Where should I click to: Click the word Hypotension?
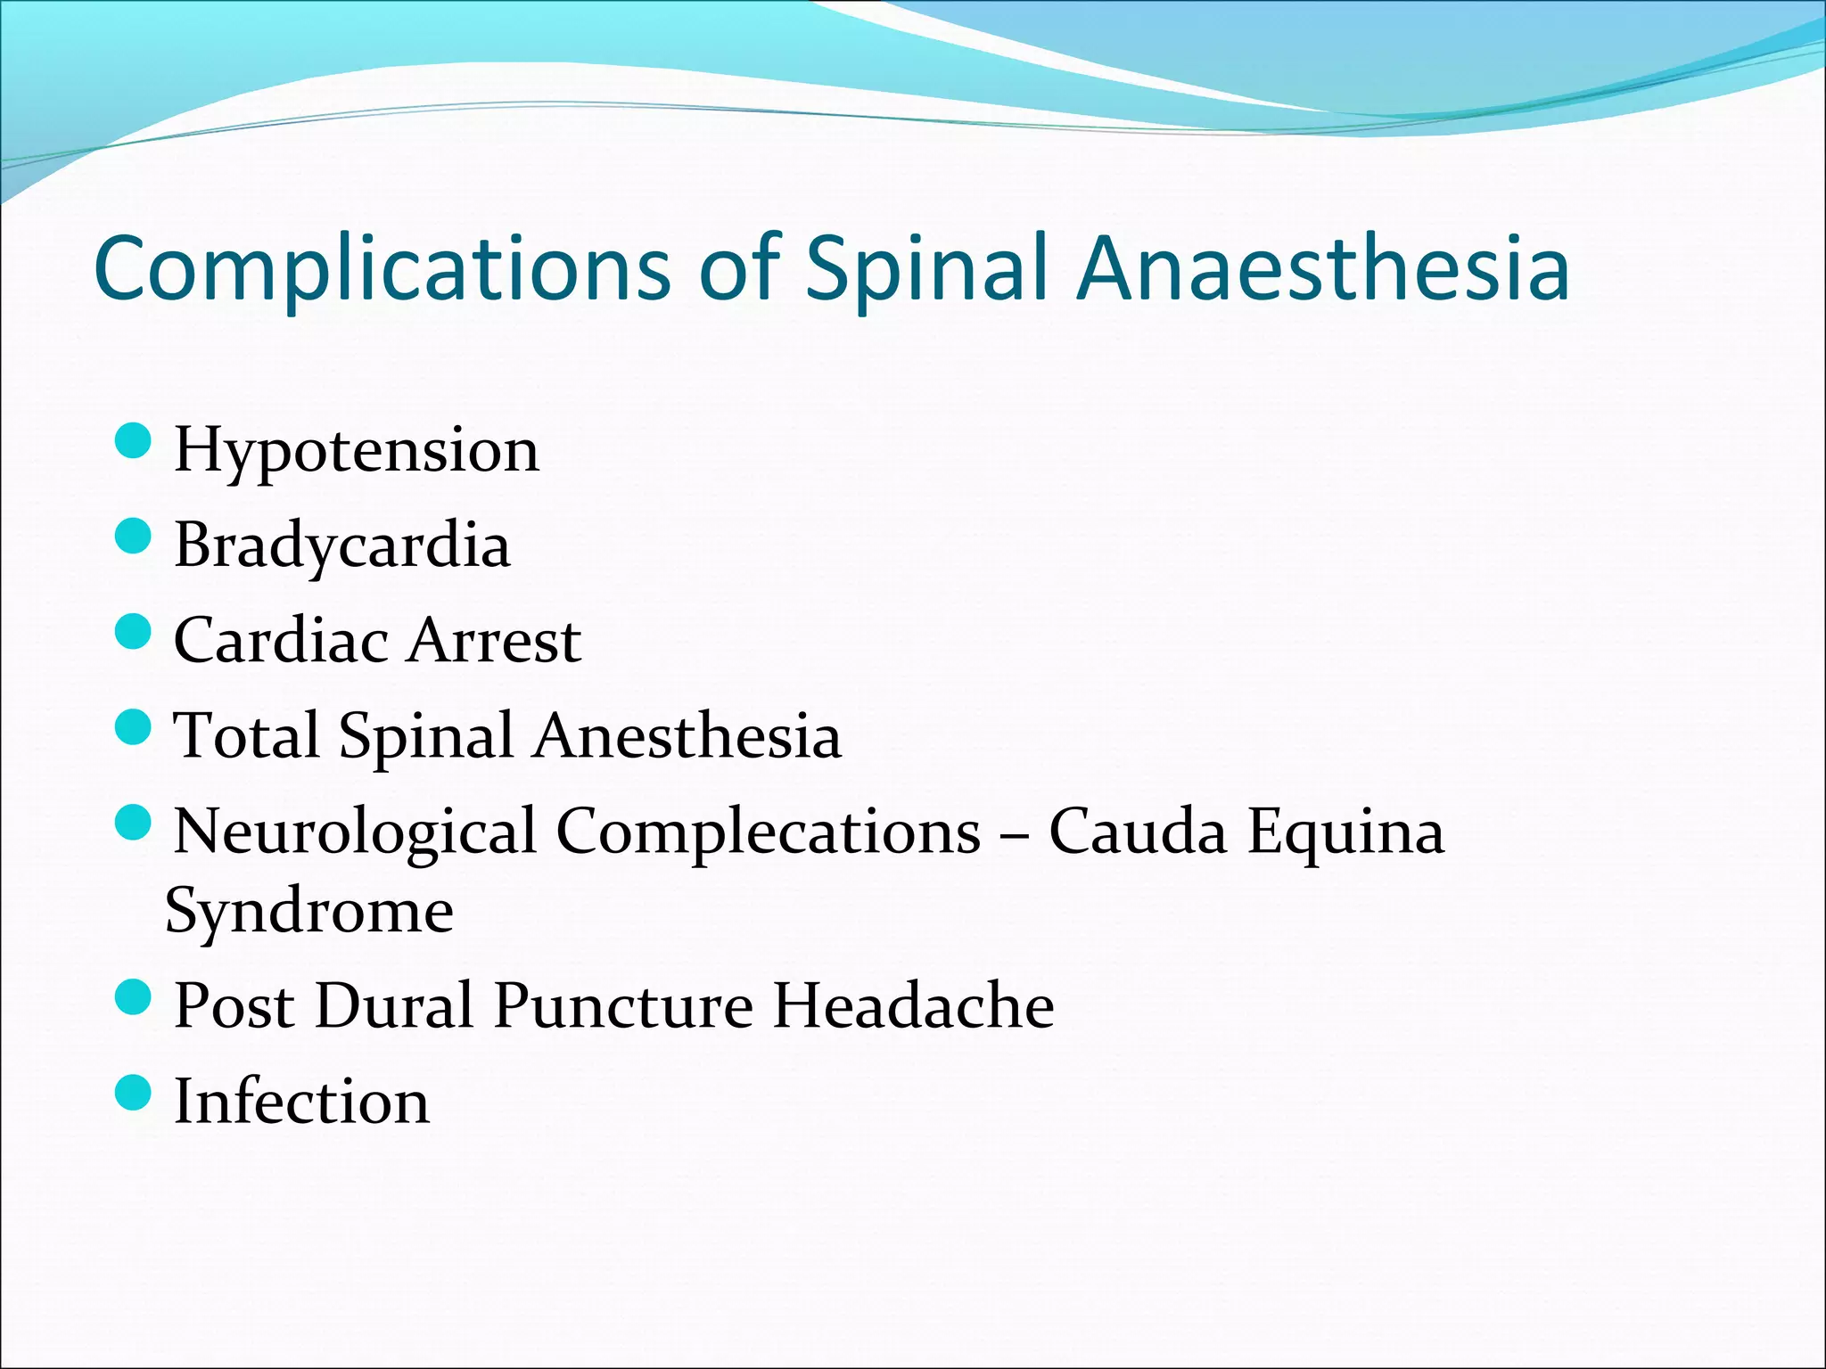[x=356, y=451]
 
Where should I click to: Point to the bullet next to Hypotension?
[x=134, y=440]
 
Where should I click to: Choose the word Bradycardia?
[x=341, y=545]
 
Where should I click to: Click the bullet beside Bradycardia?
[x=134, y=537]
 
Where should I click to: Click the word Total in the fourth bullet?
[x=246, y=736]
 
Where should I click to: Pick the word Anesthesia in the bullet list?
[x=687, y=736]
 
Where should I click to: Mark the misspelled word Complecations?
[x=768, y=832]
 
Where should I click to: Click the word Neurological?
[x=355, y=832]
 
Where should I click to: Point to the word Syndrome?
[x=309, y=912]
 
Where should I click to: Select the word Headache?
[x=913, y=1006]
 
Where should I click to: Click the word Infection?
[x=301, y=1102]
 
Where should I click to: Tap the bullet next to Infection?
[x=134, y=1092]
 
